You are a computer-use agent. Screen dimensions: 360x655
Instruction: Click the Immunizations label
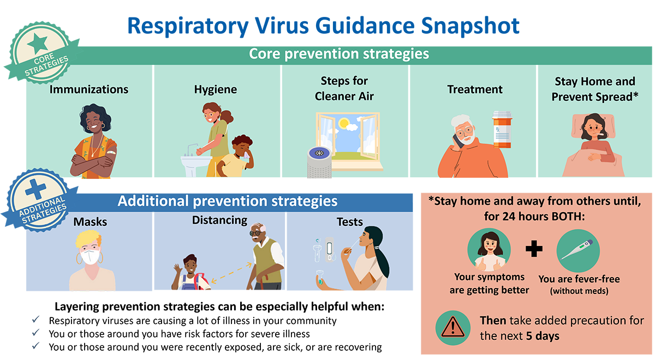point(89,89)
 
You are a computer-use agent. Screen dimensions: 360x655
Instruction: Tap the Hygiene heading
point(216,89)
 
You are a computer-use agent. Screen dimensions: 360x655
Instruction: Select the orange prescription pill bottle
point(502,129)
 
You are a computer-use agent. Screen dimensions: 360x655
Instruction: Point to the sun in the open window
point(344,124)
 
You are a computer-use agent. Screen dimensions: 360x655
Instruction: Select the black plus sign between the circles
point(534,249)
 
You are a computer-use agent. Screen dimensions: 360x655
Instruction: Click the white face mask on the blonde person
point(90,257)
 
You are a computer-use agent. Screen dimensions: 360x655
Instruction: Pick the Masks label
point(91,222)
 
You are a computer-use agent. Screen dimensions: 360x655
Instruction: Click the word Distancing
point(219,220)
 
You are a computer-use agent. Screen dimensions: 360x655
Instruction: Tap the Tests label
point(350,222)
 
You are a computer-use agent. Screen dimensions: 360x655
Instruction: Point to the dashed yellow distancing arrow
point(231,273)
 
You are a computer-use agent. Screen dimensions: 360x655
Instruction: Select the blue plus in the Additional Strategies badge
point(36,190)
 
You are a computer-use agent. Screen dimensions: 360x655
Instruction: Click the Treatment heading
point(475,89)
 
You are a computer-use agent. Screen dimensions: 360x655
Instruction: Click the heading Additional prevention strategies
point(228,201)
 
